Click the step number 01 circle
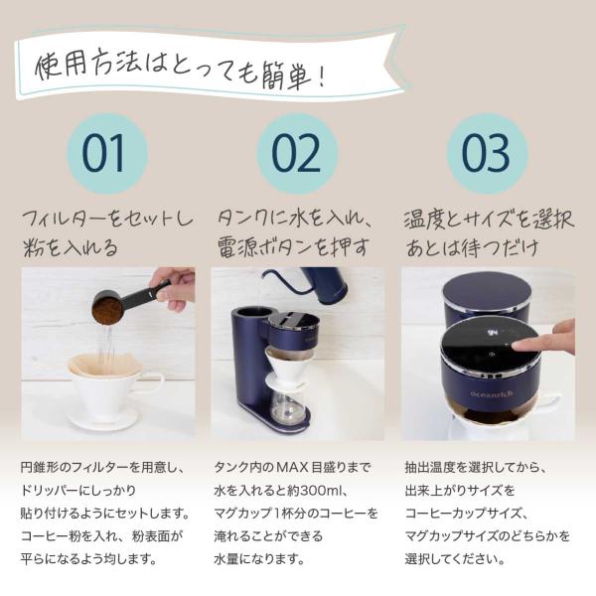tap(107, 154)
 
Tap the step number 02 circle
tap(297, 154)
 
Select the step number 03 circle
tap(488, 154)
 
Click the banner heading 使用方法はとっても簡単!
tap(180, 69)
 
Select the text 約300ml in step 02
tap(313, 491)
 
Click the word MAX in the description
tap(291, 467)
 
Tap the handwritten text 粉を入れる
tap(71, 248)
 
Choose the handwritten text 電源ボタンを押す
tap(293, 247)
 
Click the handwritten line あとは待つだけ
tap(471, 248)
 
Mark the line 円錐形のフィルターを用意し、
tap(102, 467)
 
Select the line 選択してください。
tap(455, 559)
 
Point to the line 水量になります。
tap(259, 559)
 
